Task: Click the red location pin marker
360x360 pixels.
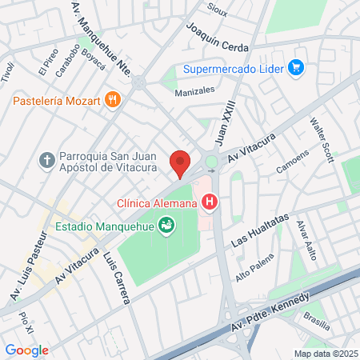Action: (180, 163)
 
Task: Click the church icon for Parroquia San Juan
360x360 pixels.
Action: (47, 161)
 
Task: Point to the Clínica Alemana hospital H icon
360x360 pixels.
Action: (210, 203)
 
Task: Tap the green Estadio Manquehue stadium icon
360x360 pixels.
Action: (166, 226)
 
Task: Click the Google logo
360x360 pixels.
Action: (26, 350)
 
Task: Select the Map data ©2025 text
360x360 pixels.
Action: (324, 353)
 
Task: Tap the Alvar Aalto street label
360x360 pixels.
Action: (307, 240)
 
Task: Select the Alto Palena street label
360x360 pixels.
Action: (254, 268)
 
